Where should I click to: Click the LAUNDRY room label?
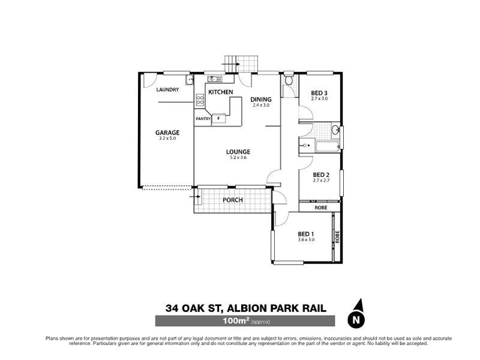[x=167, y=90]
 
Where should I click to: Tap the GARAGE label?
[x=168, y=133]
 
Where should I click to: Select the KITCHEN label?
[x=221, y=91]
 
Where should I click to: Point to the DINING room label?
[x=262, y=99]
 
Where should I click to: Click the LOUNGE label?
[x=238, y=152]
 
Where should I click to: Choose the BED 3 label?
[x=319, y=92]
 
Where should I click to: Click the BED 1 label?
[x=306, y=233]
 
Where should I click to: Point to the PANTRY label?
[x=202, y=119]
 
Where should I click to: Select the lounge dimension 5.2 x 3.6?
[x=238, y=158]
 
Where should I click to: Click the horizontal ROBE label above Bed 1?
[x=321, y=208]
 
